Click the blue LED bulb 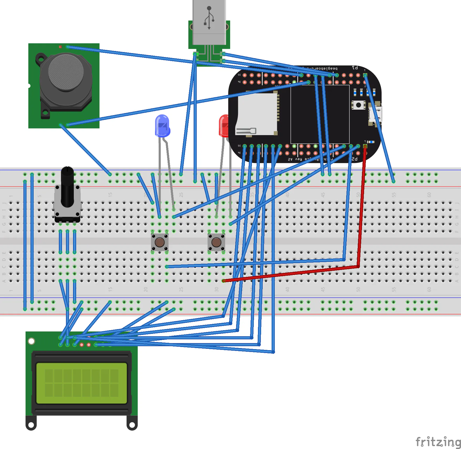[162, 126]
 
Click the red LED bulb [224, 126]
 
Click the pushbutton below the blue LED [160, 242]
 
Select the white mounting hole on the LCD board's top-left [31, 341]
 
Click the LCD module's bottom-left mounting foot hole [31, 425]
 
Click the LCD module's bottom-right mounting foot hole [132, 425]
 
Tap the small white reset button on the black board [358, 105]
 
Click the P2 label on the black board [354, 159]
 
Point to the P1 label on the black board [355, 68]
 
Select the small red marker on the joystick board [60, 47]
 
